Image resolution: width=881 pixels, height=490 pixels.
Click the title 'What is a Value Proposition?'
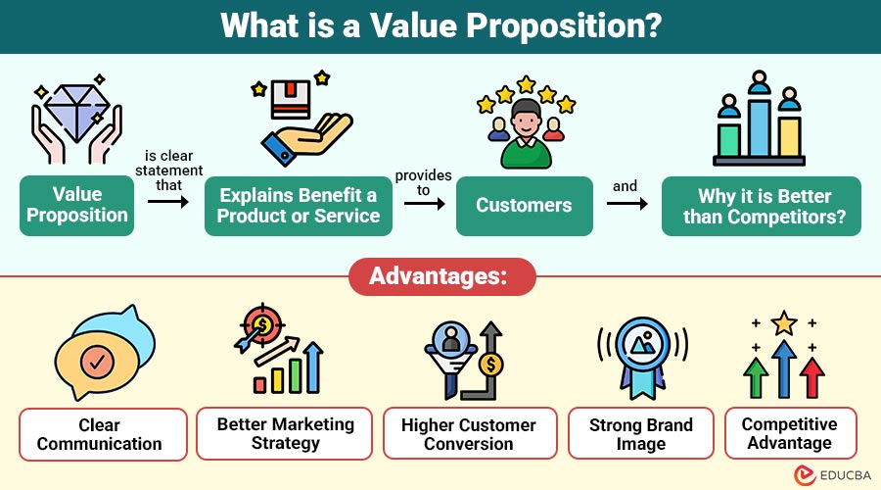440,25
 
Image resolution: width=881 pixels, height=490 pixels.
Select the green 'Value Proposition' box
77,206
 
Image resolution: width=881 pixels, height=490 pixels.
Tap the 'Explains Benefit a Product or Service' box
299,206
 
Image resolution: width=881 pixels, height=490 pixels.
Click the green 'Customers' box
524,206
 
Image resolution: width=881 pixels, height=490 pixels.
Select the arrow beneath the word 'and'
626,204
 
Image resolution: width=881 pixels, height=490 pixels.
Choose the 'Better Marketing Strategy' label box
285,434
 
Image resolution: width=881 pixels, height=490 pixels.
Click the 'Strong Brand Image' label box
641,434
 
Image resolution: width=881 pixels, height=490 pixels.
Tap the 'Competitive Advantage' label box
789,433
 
